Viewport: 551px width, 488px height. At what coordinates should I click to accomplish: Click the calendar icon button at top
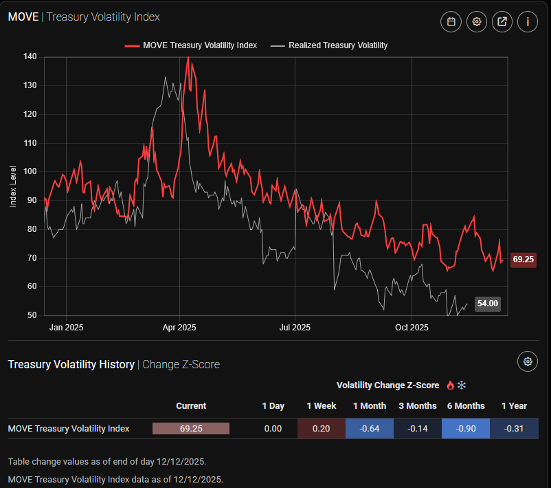tap(451, 22)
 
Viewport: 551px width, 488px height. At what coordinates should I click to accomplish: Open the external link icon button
tap(502, 22)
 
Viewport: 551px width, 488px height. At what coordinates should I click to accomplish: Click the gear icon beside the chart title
tap(477, 22)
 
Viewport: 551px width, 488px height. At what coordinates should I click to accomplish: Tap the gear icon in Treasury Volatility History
tap(528, 361)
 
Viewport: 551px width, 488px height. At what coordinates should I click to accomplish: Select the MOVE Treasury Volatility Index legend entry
tap(191, 45)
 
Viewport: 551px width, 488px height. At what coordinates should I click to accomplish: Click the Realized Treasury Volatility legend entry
tap(329, 45)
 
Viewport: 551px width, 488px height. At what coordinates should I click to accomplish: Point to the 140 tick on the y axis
tap(30, 56)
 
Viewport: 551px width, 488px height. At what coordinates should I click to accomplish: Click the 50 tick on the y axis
tap(32, 315)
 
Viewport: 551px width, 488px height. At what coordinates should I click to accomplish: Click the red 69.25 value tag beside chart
tap(524, 259)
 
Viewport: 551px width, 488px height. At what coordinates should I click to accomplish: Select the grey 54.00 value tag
tap(488, 303)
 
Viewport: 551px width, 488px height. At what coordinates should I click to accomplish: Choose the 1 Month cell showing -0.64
tap(370, 428)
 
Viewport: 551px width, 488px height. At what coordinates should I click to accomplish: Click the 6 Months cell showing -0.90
tap(465, 428)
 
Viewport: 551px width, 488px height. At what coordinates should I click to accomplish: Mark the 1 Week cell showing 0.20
tap(322, 428)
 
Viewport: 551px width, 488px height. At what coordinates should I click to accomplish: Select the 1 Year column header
tap(514, 405)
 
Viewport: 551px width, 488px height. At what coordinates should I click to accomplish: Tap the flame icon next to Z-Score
tap(451, 385)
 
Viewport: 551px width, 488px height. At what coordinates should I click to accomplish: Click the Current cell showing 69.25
tap(191, 428)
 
